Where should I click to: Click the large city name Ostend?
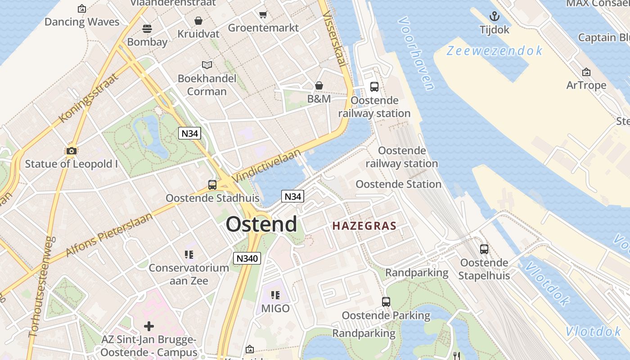pyautogui.click(x=261, y=224)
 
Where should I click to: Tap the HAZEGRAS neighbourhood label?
pyautogui.click(x=364, y=226)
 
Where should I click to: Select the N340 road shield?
pyautogui.click(x=247, y=258)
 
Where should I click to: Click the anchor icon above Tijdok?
pyautogui.click(x=495, y=17)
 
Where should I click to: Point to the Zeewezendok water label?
pyautogui.click(x=495, y=51)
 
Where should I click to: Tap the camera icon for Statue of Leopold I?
pyautogui.click(x=72, y=151)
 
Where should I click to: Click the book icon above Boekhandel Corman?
pyautogui.click(x=207, y=65)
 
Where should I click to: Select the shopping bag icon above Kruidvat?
pyautogui.click(x=198, y=21)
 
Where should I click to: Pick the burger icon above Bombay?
pyautogui.click(x=147, y=29)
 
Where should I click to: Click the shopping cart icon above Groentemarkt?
pyautogui.click(x=263, y=15)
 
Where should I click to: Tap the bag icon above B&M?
pyautogui.click(x=319, y=85)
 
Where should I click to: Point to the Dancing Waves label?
pyautogui.click(x=82, y=22)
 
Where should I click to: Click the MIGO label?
pyautogui.click(x=275, y=309)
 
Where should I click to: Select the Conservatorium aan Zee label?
pyautogui.click(x=189, y=274)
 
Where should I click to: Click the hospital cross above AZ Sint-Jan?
pyautogui.click(x=149, y=326)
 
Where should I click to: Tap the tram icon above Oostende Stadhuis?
pyautogui.click(x=212, y=185)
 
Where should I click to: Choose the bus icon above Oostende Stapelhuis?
pyautogui.click(x=484, y=249)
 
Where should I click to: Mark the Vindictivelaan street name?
pyautogui.click(x=266, y=166)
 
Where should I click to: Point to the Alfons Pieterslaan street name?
pyautogui.click(x=109, y=234)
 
